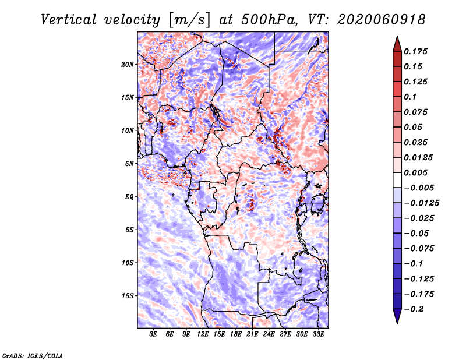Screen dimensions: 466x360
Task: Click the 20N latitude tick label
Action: (127, 65)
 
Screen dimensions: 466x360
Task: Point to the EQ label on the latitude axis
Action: (129, 197)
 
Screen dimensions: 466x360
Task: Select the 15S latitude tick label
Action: (127, 296)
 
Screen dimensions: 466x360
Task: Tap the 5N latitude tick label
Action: (129, 164)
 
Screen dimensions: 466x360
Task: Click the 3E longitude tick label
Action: (153, 334)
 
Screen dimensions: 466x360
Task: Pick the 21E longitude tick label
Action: (252, 334)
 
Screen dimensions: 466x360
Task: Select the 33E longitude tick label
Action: (318, 334)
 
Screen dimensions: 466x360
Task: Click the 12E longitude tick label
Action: (203, 334)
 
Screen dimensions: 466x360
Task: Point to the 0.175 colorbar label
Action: (415, 51)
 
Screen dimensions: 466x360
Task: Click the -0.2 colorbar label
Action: (414, 309)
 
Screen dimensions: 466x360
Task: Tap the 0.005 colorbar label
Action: (415, 172)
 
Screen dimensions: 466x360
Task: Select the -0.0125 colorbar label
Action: (421, 203)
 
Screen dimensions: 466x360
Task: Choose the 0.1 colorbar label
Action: (410, 97)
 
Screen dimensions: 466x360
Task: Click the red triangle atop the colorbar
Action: (397, 44)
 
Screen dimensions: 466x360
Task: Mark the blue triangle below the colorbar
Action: (397, 316)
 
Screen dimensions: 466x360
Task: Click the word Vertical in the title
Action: (68, 20)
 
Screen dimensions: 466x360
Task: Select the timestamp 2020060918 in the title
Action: (382, 20)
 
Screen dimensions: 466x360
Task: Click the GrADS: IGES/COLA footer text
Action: (33, 355)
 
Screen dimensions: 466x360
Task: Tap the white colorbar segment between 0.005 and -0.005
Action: (397, 180)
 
